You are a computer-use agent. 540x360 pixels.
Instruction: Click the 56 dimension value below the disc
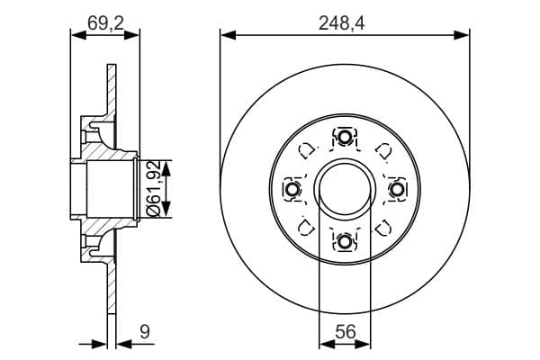[x=345, y=331]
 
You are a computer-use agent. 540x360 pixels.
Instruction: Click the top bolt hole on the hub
[x=345, y=138]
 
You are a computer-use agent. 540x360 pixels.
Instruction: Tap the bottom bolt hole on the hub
[x=345, y=241]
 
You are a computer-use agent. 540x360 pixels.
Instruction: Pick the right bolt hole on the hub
[x=396, y=190]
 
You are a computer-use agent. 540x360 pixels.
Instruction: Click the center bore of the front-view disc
[x=345, y=190]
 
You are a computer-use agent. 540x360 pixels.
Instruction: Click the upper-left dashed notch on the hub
[x=306, y=150]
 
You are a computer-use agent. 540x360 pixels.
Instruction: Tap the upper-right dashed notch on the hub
[x=382, y=150]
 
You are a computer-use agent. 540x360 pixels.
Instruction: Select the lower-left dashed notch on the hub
[x=306, y=227]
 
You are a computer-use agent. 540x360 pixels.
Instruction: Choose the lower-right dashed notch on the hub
[x=382, y=227]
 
